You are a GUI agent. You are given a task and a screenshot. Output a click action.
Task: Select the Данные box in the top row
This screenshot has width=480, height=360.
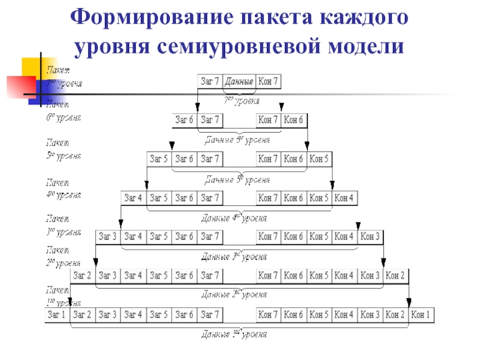coord(239,81)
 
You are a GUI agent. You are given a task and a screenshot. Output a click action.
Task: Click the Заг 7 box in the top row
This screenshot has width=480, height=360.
coord(210,81)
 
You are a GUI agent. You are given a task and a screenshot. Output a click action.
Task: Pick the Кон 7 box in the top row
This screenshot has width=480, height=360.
coord(268,81)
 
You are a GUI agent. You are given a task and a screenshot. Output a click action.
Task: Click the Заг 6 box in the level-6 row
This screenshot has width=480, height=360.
coord(184,120)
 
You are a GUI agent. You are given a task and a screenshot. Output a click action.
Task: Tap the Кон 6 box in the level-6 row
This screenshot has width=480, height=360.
coord(293,120)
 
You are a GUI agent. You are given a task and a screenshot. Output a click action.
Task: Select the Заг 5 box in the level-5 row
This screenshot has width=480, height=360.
coord(159,159)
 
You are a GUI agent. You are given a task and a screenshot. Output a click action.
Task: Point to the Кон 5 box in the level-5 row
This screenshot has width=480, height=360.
coord(319,159)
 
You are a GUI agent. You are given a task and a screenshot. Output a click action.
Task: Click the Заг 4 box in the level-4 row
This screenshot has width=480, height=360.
coord(133,197)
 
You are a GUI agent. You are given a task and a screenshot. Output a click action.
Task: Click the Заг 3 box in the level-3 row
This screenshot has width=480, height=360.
coord(108,236)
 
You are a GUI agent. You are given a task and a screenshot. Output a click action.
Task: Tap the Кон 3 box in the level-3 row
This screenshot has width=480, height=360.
coord(370,236)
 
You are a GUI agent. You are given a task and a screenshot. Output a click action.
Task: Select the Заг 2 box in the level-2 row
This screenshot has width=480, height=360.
coord(82,275)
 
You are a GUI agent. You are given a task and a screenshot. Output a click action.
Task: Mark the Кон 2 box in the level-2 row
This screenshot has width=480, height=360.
coord(395,275)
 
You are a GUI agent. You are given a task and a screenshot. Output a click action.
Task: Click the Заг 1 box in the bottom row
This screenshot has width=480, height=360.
coord(57,314)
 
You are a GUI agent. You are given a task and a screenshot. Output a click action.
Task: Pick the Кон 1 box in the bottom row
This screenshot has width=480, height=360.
coord(421,314)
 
